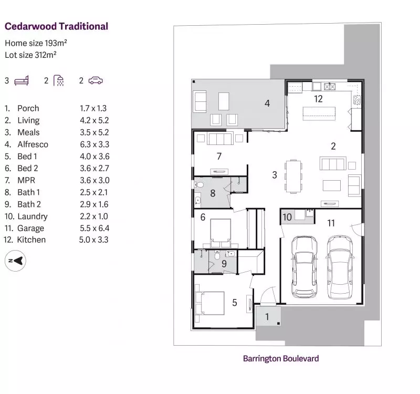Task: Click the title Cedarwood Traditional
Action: click(56, 26)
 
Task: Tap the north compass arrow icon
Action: click(16, 261)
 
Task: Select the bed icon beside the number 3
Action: click(22, 81)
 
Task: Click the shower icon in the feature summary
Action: click(59, 80)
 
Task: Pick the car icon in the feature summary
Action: click(96, 80)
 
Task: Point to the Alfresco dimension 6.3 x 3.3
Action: click(94, 144)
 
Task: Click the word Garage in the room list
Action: click(30, 228)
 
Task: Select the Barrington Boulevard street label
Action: click(281, 359)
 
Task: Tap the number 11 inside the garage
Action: click(331, 223)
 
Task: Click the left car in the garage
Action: click(304, 267)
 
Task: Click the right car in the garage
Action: click(340, 267)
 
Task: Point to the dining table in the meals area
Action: click(293, 176)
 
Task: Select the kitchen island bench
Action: click(319, 113)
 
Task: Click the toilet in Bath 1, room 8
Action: click(198, 185)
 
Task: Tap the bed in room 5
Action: click(209, 303)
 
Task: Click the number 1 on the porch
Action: click(267, 317)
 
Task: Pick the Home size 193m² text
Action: click(36, 43)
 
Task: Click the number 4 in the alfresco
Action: click(267, 103)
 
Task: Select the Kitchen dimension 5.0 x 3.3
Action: click(94, 240)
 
